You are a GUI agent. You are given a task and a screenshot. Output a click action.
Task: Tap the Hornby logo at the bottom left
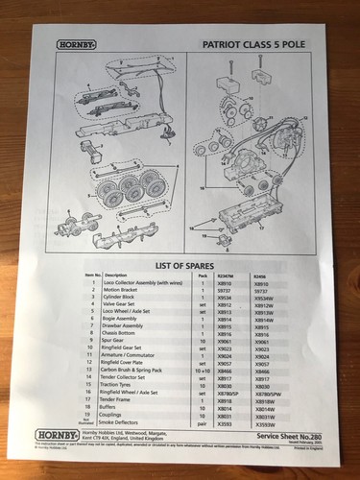[x=56, y=433]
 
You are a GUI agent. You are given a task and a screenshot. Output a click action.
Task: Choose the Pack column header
[x=203, y=276]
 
